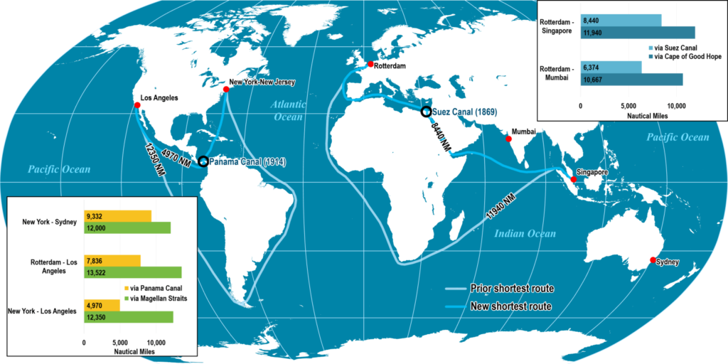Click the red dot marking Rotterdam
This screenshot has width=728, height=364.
[370, 65]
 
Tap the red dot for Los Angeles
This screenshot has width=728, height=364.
[137, 105]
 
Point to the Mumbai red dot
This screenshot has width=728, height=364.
[508, 139]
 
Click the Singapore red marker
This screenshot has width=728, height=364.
[574, 179]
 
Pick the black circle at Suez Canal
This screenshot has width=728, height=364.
[426, 111]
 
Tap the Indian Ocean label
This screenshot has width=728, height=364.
[525, 233]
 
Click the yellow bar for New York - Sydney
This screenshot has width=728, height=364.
[118, 215]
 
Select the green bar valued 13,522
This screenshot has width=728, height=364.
[133, 272]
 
